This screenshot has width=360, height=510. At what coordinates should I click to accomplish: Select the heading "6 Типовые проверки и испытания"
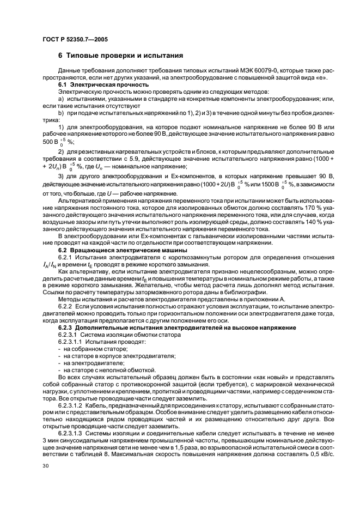[x=120, y=56]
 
